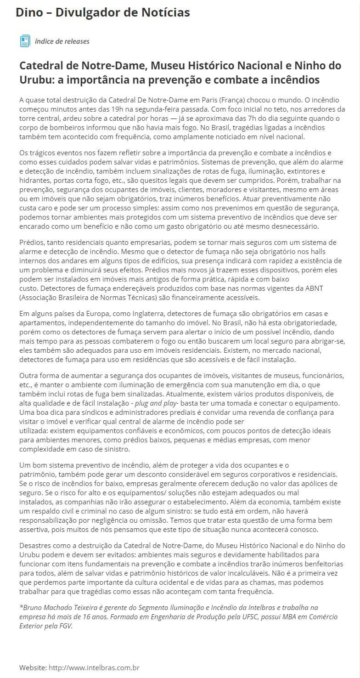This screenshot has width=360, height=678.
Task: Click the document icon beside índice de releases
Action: pos(25,41)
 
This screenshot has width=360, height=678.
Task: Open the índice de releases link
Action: pos(62,41)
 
